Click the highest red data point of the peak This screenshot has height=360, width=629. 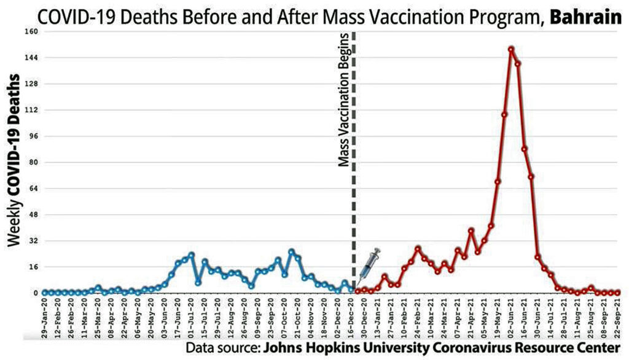(x=511, y=49)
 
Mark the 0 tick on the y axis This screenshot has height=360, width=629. (x=35, y=293)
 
